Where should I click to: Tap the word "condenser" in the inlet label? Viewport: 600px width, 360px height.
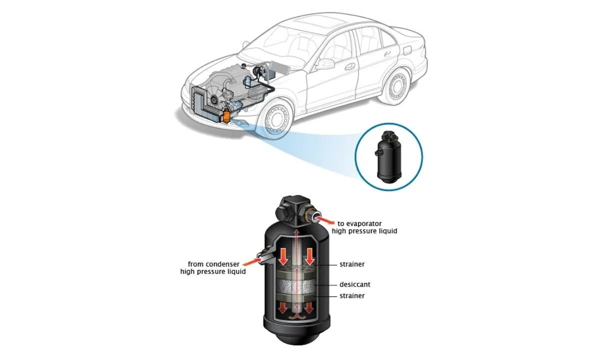[x=228, y=263]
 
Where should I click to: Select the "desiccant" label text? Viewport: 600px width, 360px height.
[x=354, y=284]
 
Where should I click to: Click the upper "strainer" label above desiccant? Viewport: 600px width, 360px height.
[x=352, y=263]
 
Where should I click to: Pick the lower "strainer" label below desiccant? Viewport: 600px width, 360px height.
[x=352, y=295]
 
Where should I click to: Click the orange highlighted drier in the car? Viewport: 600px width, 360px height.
[x=227, y=116]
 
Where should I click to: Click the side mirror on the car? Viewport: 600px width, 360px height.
[x=326, y=63]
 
